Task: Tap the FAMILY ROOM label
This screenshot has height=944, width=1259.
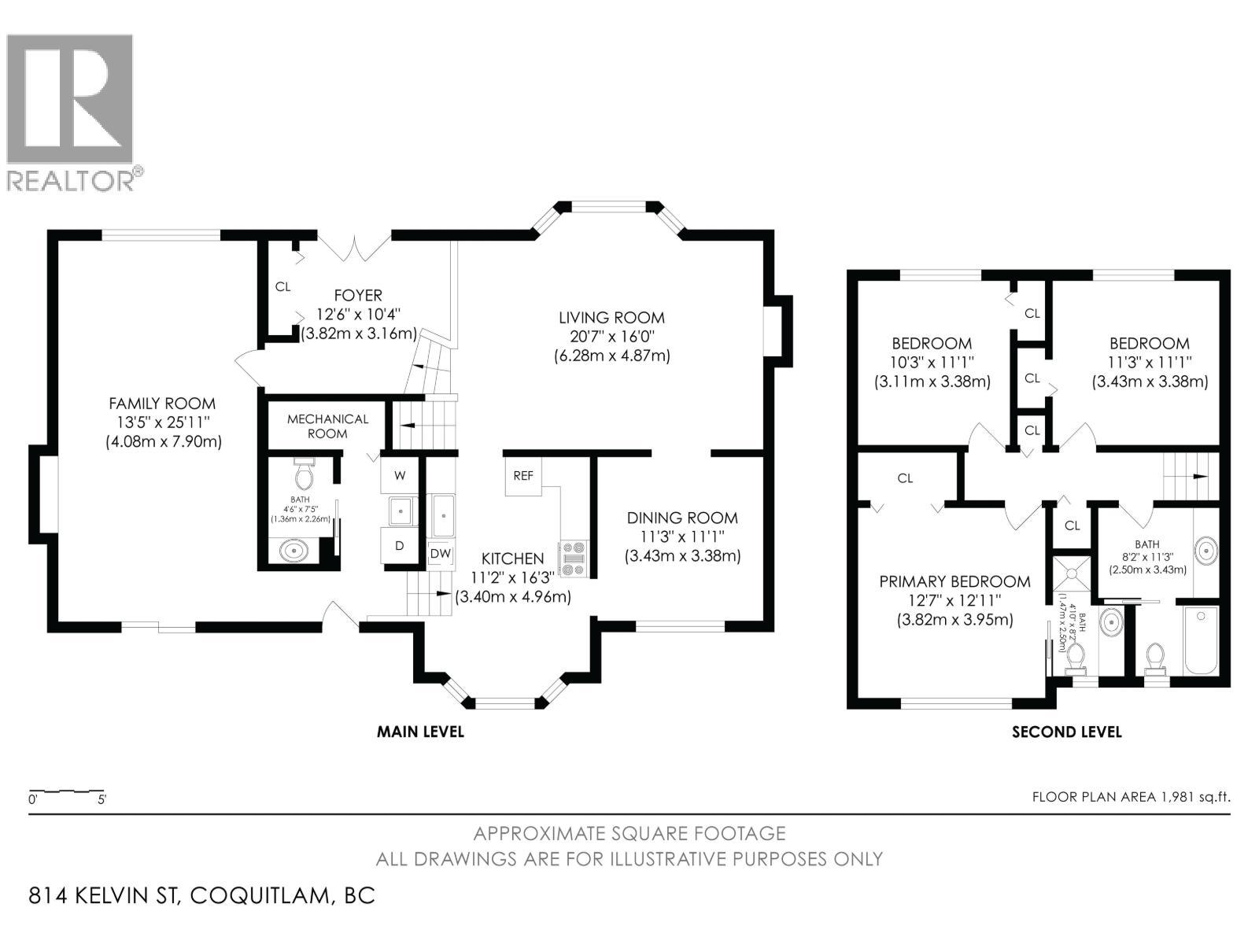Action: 162,404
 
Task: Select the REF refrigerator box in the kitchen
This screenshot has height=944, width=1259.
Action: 523,476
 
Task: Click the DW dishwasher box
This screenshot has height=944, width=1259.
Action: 441,554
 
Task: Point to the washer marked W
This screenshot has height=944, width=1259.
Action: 400,475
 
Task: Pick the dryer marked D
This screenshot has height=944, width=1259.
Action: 400,545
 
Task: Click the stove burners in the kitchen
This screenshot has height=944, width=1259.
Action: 572,559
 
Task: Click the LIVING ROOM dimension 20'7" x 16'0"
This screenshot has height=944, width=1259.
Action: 611,337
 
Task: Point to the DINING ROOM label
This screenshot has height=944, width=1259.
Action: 682,518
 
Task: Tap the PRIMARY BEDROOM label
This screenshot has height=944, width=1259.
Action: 954,581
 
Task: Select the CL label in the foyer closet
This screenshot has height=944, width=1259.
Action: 282,287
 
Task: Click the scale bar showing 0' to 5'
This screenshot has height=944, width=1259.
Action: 67,792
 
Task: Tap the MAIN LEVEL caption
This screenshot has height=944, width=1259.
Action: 420,732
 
